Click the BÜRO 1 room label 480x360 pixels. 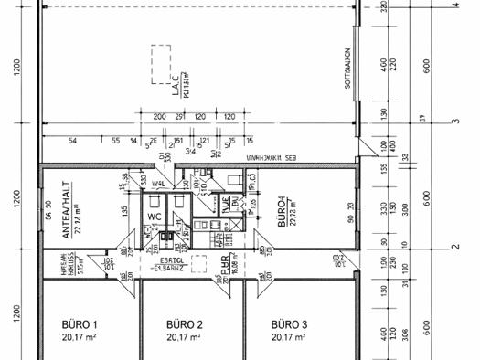(79, 324)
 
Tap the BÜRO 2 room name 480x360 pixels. (184, 324)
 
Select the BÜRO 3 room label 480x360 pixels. (289, 324)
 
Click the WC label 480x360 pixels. (155, 217)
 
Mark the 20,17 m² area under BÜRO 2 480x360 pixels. (184, 337)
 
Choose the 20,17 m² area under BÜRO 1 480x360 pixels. (79, 337)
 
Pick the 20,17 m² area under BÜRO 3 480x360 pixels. (289, 337)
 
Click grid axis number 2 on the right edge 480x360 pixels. (453, 248)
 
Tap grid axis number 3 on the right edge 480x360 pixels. (453, 122)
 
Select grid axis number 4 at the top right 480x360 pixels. (453, 5)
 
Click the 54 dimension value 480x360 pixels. (73, 142)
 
